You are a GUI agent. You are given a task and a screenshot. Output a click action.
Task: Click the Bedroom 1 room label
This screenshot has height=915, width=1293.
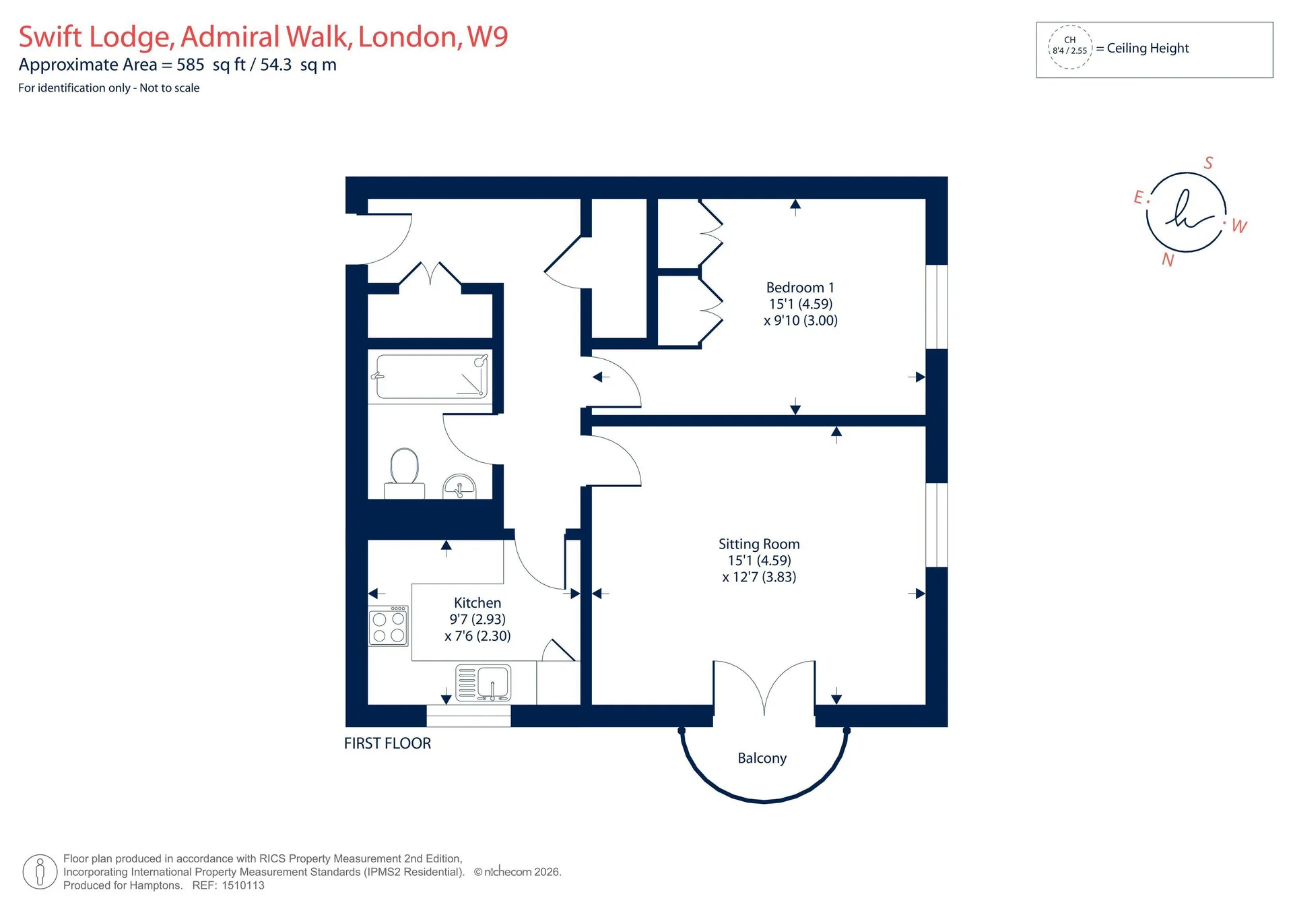point(800,288)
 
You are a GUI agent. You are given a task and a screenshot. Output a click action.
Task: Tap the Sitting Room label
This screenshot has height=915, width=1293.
point(759,544)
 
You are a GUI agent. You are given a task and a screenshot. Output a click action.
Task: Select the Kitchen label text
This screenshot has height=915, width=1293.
point(477,603)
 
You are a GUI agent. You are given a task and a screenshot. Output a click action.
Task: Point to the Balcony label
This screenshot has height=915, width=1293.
point(762,759)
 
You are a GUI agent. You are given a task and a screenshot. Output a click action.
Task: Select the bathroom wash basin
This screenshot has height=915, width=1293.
point(459,486)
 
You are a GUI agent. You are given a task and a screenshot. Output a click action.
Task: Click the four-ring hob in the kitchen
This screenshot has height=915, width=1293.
point(389,626)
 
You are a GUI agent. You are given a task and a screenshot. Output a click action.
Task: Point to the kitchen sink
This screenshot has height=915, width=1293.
point(483,683)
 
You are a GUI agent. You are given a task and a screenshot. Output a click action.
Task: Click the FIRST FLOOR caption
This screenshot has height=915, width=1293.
point(387,743)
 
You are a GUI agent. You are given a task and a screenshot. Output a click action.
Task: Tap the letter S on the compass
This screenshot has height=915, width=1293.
point(1208,163)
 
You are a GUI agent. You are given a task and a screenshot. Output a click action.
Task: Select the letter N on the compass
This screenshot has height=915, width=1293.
point(1168,260)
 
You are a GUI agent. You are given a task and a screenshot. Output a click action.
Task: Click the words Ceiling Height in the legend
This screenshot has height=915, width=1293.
point(1148,48)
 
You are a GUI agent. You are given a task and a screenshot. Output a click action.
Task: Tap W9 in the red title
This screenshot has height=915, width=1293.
point(488,36)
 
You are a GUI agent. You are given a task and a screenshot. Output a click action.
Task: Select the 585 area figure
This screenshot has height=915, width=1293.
point(191,65)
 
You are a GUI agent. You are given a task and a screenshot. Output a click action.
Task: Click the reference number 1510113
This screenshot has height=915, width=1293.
point(243,885)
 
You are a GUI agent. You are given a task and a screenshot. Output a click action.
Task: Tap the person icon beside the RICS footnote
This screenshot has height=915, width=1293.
point(40,872)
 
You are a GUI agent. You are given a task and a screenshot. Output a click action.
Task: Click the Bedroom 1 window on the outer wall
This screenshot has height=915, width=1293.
point(937,307)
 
